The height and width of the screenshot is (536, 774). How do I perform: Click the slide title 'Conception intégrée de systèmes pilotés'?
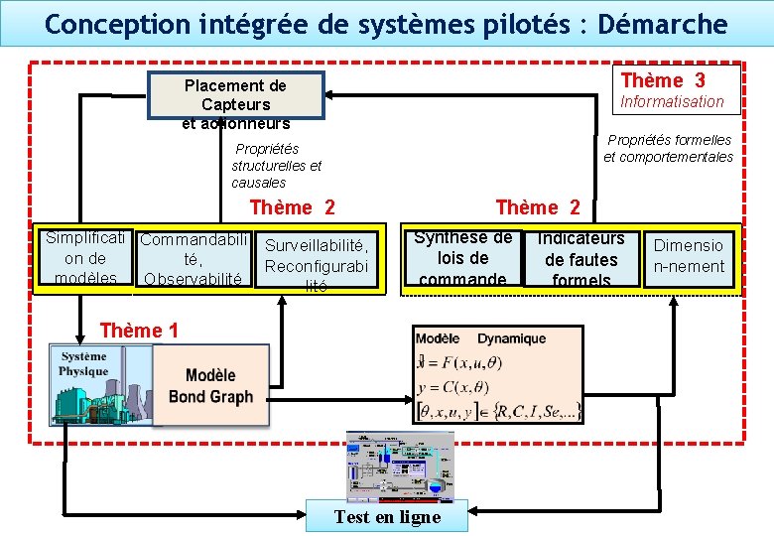[x=386, y=24]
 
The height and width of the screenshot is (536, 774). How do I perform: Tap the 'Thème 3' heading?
[x=663, y=80]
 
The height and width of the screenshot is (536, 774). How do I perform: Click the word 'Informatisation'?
[x=672, y=101]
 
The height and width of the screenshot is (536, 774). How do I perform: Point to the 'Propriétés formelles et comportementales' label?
[x=669, y=148]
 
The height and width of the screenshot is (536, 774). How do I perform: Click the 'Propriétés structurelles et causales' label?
[x=276, y=166]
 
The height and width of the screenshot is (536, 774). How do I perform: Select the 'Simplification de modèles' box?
[x=85, y=258]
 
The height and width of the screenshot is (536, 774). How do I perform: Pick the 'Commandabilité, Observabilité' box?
[x=192, y=259]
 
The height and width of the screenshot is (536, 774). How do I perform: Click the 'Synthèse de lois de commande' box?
[x=463, y=258]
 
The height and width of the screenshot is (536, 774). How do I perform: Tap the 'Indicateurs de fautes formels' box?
[x=581, y=259]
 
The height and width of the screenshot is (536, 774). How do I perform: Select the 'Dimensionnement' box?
[x=689, y=256]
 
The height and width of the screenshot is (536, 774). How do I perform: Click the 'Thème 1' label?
[x=139, y=331]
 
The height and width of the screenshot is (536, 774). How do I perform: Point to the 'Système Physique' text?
[x=83, y=364]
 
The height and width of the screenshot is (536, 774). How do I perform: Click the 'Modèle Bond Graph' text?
[x=210, y=386]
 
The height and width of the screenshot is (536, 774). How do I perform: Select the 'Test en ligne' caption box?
[x=387, y=516]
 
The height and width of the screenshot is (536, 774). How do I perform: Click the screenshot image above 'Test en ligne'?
[x=398, y=467]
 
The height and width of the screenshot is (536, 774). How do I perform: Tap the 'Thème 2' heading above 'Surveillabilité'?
[x=293, y=207]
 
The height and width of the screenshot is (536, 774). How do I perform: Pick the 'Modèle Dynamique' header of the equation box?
[x=480, y=338]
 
